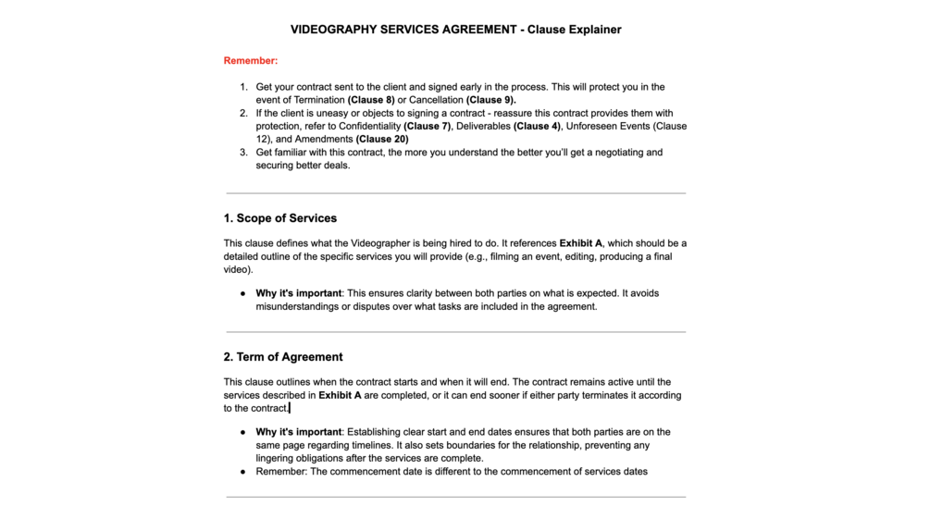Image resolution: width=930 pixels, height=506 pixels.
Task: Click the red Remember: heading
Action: pos(250,61)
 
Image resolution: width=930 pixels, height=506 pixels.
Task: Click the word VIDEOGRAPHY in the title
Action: pos(333,30)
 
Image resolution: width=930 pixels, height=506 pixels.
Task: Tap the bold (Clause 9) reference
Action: pos(491,100)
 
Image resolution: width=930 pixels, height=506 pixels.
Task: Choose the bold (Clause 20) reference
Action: pos(382,139)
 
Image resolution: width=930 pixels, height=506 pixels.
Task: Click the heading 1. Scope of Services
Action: pos(279,218)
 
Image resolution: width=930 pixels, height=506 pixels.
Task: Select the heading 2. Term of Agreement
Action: pos(282,357)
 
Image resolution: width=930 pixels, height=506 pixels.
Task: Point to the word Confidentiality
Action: pos(363,126)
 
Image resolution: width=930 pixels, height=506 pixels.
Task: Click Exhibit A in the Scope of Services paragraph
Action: pos(580,243)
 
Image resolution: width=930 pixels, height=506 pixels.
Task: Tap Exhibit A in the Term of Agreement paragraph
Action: pos(340,395)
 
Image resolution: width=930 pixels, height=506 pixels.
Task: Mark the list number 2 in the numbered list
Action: pos(243,113)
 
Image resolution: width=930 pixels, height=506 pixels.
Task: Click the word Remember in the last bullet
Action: pos(280,471)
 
